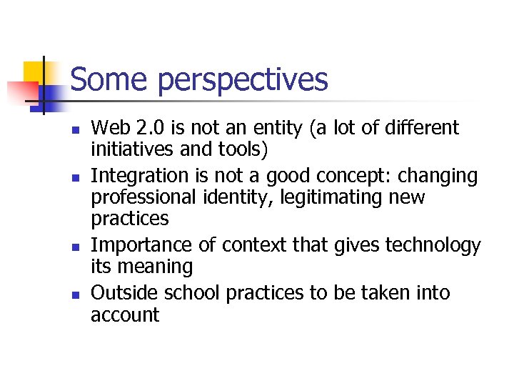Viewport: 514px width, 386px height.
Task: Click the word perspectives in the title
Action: click(x=243, y=81)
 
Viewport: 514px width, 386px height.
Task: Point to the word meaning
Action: click(x=156, y=267)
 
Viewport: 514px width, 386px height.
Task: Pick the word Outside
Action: click(x=125, y=293)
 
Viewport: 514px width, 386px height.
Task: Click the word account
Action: click(x=125, y=315)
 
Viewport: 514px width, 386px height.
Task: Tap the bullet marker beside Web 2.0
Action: click(x=76, y=130)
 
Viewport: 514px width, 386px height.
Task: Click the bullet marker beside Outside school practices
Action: click(x=76, y=295)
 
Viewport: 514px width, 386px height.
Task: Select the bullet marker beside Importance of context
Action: click(x=76, y=247)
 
